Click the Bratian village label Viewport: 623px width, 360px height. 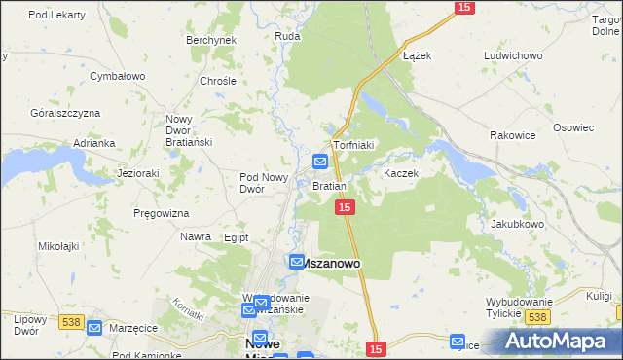coord(329,185)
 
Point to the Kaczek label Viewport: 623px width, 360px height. coord(400,173)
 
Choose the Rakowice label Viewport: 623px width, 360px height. coord(512,135)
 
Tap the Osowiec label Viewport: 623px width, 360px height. coord(573,127)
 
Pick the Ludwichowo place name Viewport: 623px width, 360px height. coord(512,55)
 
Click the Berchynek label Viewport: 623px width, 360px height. coord(211,40)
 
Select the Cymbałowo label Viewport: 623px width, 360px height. coord(117,75)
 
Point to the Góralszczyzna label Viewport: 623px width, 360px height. coord(65,113)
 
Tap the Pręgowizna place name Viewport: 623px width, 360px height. coord(163,212)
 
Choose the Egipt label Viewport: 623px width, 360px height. coord(237,237)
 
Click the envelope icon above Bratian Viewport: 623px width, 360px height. coord(320,162)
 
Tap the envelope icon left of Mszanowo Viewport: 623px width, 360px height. coord(298,262)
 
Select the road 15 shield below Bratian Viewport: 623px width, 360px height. coord(345,207)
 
